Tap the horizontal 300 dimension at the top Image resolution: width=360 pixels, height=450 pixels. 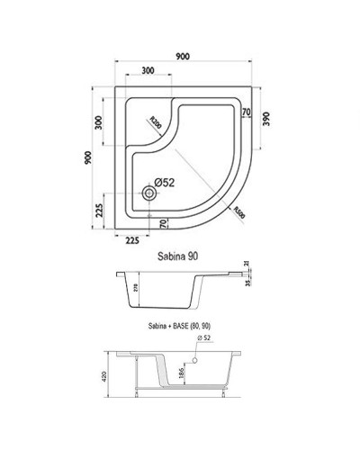point(146,71)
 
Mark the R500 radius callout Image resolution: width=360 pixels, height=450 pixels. point(238,213)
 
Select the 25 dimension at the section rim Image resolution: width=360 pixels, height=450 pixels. point(245,266)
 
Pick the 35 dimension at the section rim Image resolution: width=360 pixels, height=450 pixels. point(245,282)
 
